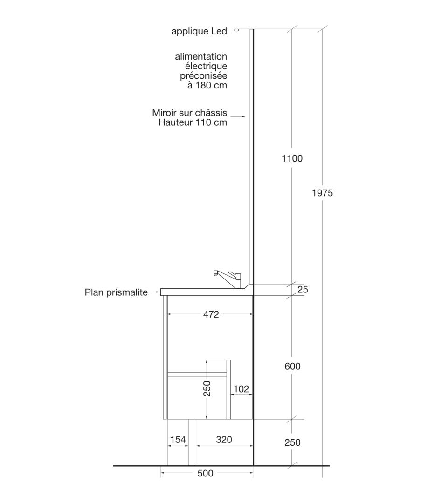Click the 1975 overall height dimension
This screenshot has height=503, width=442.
click(322, 193)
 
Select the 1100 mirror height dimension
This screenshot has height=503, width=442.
click(292, 158)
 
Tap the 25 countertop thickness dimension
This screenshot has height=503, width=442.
click(303, 289)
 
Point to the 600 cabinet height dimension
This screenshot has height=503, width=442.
click(292, 366)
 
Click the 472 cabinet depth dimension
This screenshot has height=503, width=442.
click(211, 314)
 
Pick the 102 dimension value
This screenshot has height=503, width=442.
click(241, 389)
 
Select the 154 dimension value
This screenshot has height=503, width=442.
click(178, 439)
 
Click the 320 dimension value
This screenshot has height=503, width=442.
click(224, 439)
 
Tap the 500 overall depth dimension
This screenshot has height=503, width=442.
click(205, 473)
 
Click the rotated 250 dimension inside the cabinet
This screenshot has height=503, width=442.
click(207, 388)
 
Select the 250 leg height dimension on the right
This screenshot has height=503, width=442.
click(292, 442)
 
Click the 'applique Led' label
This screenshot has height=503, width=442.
click(199, 31)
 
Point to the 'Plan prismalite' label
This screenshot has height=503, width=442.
click(116, 292)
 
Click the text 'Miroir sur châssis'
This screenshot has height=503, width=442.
click(189, 113)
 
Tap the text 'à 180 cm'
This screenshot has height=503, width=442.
click(207, 85)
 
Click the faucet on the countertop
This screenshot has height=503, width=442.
click(227, 277)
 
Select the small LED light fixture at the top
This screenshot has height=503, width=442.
click(236, 30)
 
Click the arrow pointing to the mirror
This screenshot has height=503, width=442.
click(238, 116)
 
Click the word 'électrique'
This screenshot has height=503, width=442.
click(206, 66)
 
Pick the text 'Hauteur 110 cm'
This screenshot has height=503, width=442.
click(193, 122)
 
